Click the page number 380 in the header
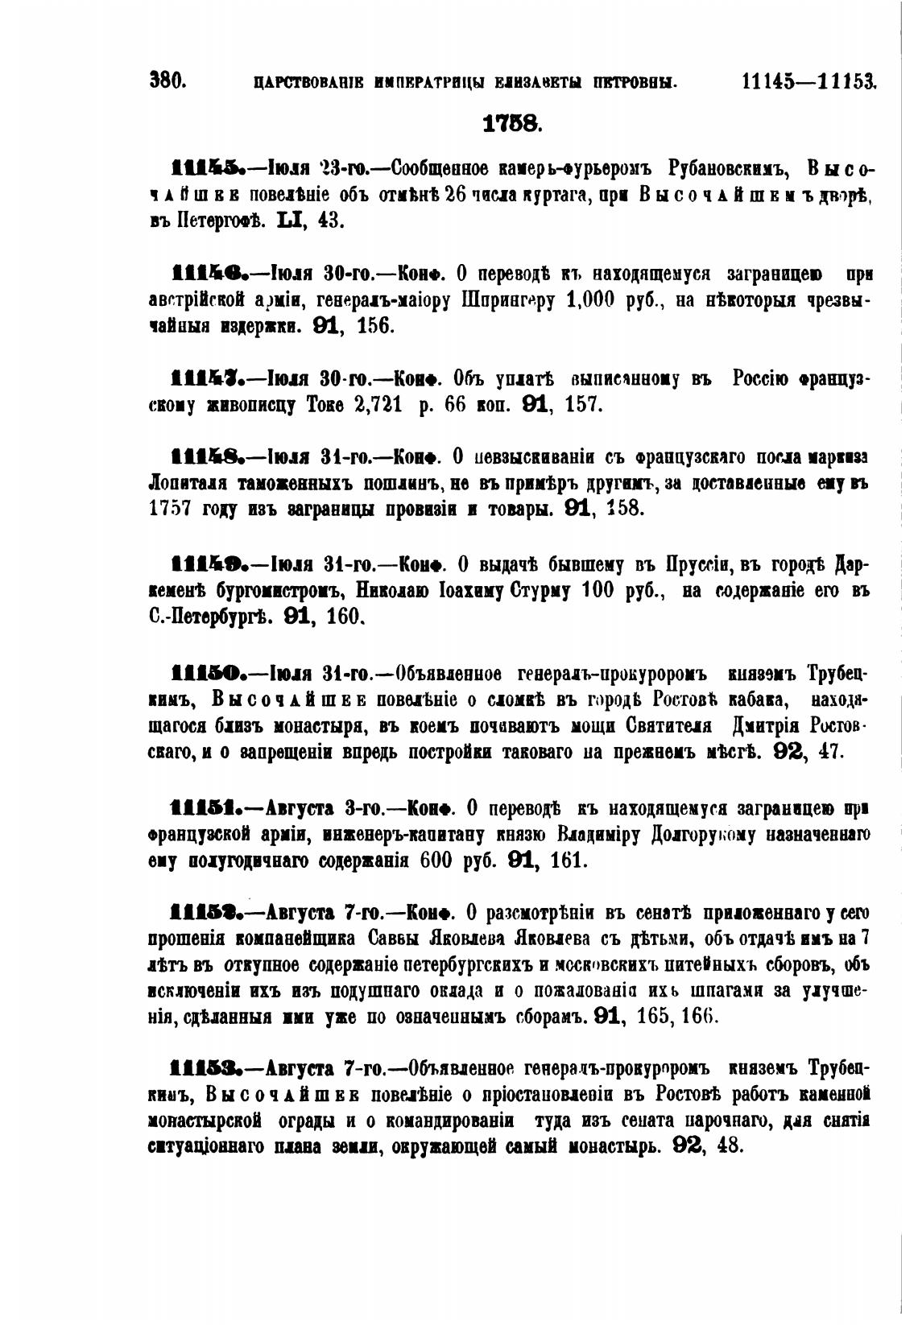[168, 80]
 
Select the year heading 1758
[511, 124]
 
